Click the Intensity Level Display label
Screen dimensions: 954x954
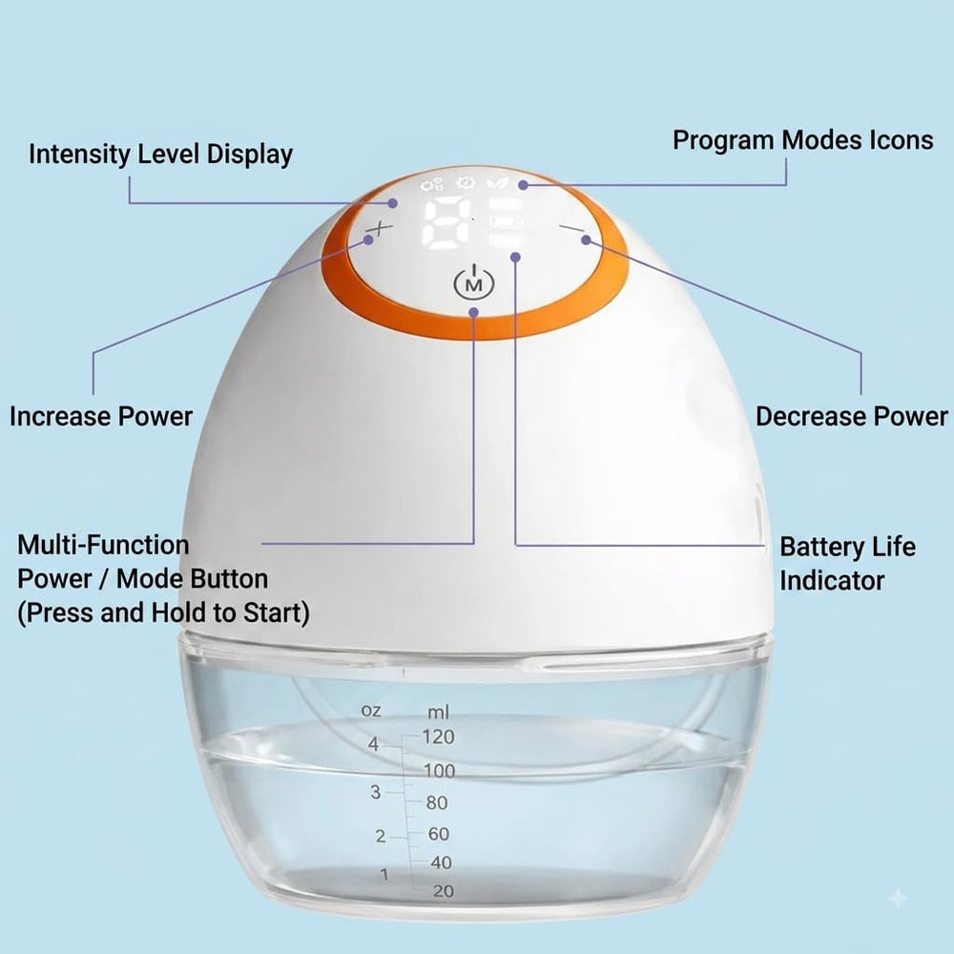(x=160, y=155)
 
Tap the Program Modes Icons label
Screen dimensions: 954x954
(x=802, y=140)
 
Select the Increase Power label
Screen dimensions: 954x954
(x=101, y=417)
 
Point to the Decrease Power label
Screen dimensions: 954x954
(x=852, y=417)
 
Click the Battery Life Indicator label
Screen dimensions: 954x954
(x=847, y=564)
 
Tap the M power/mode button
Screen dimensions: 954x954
(x=474, y=281)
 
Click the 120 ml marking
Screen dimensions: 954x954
(x=438, y=736)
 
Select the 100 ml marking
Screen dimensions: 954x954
(x=439, y=771)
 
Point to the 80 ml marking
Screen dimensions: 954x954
(x=437, y=803)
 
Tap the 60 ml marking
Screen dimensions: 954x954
(x=439, y=834)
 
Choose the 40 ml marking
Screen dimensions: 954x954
(x=441, y=862)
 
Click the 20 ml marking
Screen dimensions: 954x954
(x=444, y=891)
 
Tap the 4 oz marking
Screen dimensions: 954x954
(x=373, y=744)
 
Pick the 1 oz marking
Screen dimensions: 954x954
(x=384, y=875)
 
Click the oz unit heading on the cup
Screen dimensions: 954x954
(x=371, y=710)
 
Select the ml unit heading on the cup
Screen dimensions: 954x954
(x=438, y=712)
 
